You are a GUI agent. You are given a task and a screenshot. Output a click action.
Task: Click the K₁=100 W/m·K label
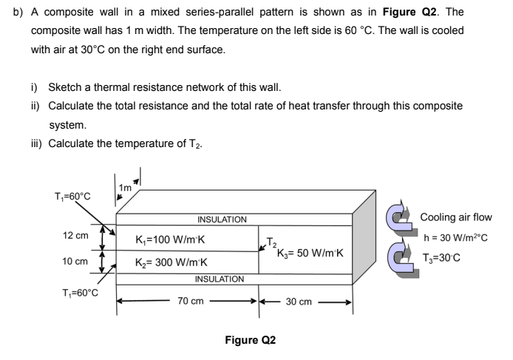click(171, 240)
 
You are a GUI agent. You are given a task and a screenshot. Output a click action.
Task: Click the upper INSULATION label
click(222, 220)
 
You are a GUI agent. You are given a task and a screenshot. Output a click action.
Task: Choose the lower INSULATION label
click(220, 279)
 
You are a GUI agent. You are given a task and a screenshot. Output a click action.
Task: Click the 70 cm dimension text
click(191, 302)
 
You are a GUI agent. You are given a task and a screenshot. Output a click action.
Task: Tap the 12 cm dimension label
click(77, 235)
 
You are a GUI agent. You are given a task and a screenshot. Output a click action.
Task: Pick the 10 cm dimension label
click(77, 262)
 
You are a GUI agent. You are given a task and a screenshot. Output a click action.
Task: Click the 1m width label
click(125, 189)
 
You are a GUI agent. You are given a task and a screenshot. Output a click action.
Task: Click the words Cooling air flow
click(456, 217)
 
